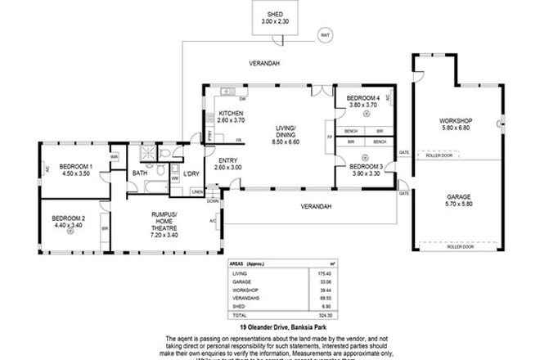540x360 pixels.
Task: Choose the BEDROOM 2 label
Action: point(68,218)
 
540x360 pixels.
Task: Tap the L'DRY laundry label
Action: point(191,173)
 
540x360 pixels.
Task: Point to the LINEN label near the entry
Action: point(197,192)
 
